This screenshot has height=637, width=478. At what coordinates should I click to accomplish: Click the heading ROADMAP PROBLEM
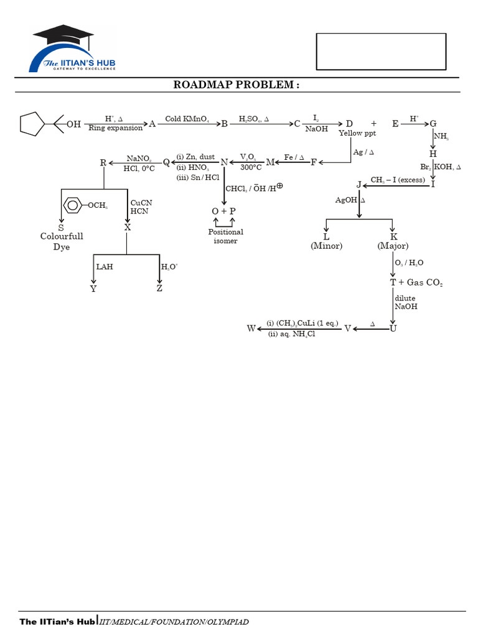tap(236, 85)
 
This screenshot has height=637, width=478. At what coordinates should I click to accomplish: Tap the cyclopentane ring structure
tap(32, 124)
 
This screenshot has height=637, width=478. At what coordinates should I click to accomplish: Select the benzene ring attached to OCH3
tap(73, 205)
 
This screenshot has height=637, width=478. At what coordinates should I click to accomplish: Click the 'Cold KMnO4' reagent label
tap(187, 119)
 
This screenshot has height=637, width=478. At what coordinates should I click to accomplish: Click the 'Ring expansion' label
tap(115, 129)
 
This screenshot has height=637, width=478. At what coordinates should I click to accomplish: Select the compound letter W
tap(251, 328)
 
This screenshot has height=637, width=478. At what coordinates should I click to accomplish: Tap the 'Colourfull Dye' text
tap(62, 241)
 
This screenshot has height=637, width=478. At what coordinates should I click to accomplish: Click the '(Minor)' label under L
tap(327, 246)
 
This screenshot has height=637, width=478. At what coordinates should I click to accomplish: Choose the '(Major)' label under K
tap(393, 246)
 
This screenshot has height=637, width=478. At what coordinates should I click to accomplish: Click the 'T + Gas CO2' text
tap(416, 282)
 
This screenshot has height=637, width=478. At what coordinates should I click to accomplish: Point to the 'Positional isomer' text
tap(225, 236)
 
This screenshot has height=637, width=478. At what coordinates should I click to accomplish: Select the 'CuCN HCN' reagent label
tap(141, 208)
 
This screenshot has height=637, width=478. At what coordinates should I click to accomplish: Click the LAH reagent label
tap(104, 267)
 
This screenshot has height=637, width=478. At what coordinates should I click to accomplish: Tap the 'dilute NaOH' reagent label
tap(406, 302)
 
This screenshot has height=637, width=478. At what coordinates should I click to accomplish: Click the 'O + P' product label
tap(224, 212)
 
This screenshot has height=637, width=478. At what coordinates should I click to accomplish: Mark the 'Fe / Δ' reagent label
tap(294, 157)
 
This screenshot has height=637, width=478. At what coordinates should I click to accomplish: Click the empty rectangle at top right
tap(381, 51)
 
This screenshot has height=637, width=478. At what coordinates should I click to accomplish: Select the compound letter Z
tap(159, 289)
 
